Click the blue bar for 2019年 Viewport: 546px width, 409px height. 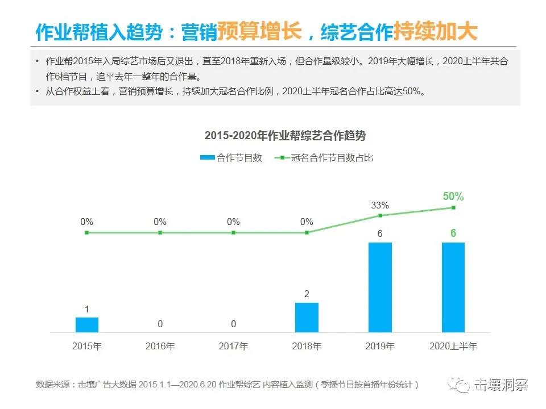[380, 287]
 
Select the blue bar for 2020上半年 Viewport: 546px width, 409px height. [453, 287]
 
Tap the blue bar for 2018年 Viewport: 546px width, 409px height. [307, 317]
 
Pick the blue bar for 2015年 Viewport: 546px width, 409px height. [87, 324]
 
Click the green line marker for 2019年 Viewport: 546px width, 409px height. [380, 215]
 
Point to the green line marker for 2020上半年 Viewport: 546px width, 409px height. [453, 207]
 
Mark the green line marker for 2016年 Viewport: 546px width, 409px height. [160, 232]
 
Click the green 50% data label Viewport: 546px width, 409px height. [453, 197]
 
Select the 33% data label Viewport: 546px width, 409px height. [380, 205]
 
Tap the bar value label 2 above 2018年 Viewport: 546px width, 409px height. [307, 294]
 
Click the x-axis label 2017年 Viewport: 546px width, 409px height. [233, 346]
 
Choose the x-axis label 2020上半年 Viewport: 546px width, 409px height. [453, 346]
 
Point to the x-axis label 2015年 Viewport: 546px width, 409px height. [87, 346]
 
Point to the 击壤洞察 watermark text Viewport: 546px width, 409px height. [501, 385]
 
